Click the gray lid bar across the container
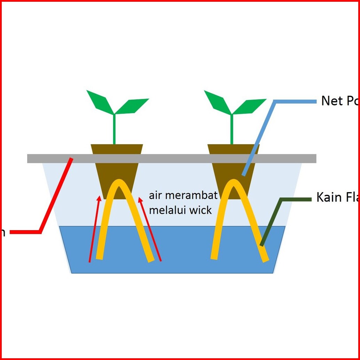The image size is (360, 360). coord(174,158)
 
